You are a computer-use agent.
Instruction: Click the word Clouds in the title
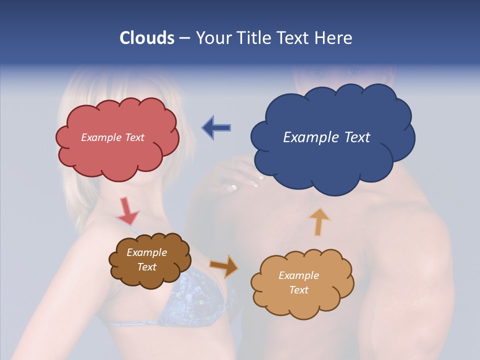coord(146,38)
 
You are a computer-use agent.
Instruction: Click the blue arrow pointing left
coord(216,128)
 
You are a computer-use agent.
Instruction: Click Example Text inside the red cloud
coord(112,137)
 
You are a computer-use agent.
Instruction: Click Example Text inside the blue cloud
coord(326,137)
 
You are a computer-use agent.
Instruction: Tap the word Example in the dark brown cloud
coord(146,252)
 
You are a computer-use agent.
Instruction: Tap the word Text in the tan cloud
coord(299,290)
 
